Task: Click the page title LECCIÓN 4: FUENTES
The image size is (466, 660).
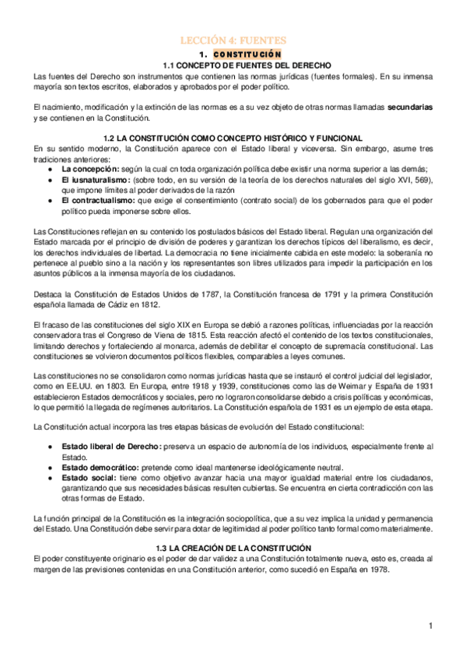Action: point(233,40)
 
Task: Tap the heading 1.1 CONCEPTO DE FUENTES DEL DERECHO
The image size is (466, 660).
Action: point(233,65)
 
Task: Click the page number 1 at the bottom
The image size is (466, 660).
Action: point(429,625)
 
